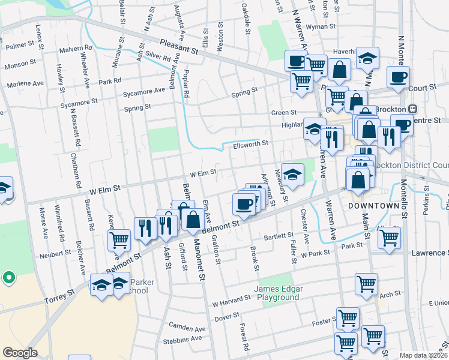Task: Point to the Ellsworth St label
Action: click(x=246, y=144)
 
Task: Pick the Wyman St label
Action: click(x=320, y=27)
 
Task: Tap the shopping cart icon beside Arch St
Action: click(x=366, y=283)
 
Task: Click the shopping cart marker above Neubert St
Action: click(x=119, y=239)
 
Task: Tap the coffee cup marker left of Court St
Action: click(x=398, y=76)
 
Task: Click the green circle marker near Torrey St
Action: click(x=8, y=278)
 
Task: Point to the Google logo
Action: click(x=20, y=353)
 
